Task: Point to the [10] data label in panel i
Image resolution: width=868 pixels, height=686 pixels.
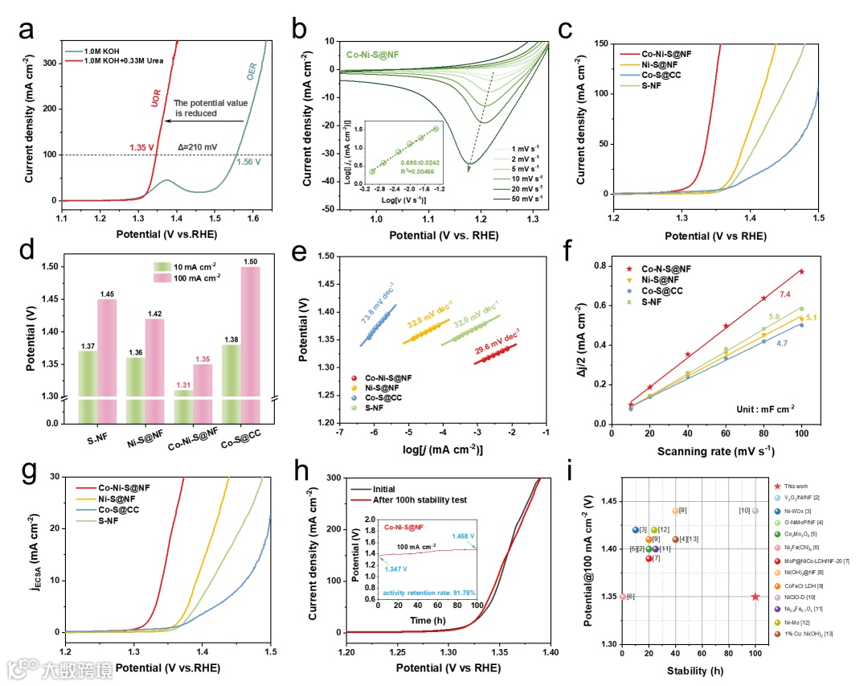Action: click(x=744, y=511)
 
